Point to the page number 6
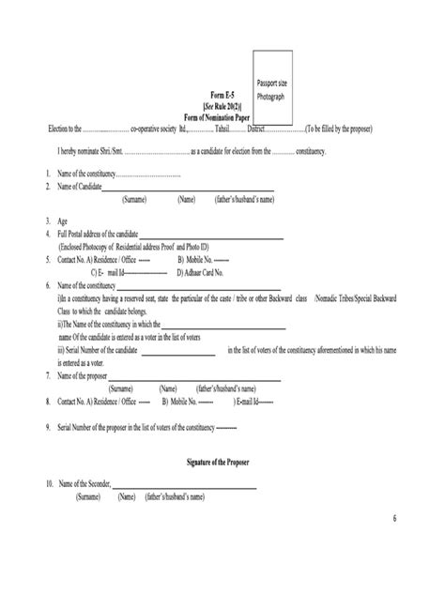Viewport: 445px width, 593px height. pos(394,519)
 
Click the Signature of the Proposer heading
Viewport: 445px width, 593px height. pos(222,464)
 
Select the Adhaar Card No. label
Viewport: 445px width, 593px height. pos(206,271)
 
